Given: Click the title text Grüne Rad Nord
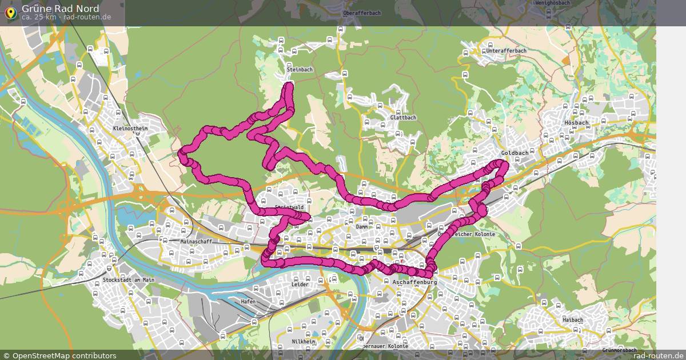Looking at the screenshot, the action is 60,9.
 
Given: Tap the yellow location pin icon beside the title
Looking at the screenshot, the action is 10,13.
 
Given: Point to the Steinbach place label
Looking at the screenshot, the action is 300,70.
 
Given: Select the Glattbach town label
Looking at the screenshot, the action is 403,118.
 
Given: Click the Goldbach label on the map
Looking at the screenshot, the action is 514,153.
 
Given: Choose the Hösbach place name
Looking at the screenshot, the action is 576,123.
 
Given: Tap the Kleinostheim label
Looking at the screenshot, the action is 130,129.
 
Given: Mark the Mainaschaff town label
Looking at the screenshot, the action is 196,242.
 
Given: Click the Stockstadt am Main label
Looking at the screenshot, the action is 129,280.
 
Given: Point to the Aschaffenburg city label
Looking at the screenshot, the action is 415,283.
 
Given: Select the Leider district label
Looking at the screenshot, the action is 300,284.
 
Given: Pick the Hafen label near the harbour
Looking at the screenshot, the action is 248,301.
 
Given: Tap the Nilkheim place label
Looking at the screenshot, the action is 304,341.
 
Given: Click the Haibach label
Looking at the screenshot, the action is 572,320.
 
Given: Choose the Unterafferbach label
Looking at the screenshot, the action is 506,51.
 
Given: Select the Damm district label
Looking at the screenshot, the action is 362,227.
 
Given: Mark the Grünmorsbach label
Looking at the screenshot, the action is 619,350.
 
